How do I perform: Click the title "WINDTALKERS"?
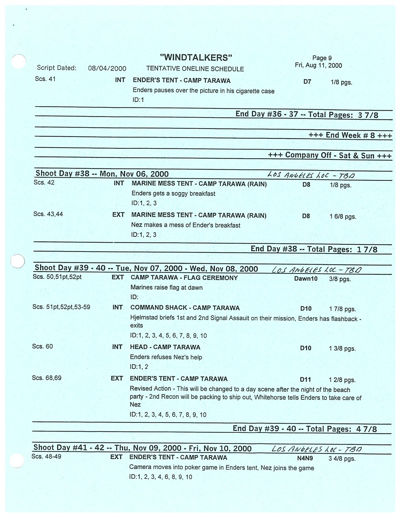pos(196,58)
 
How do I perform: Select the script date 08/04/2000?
pos(107,68)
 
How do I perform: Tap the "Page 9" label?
pos(322,58)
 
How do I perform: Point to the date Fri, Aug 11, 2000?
pos(318,66)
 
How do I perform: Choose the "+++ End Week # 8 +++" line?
pos(350,135)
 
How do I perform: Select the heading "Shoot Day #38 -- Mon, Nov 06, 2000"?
pos(102,174)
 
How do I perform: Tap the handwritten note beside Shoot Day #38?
pos(311,175)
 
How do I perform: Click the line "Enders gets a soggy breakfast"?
pos(173,193)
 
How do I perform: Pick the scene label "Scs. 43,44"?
pos(48,214)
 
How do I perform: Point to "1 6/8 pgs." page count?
pos(343,217)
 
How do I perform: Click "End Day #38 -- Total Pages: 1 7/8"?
pos(314,249)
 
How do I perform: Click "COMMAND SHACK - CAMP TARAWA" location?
pos(185,308)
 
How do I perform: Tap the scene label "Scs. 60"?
pos(43,346)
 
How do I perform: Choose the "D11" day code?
pos(305,380)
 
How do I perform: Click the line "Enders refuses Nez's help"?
pos(166,357)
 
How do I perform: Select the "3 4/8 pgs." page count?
pos(342,459)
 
